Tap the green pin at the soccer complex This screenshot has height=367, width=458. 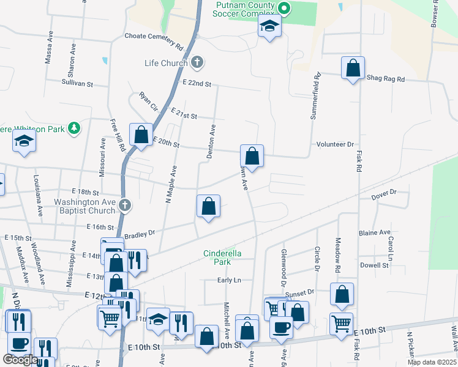pos(283,9)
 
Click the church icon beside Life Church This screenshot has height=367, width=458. pos(197,62)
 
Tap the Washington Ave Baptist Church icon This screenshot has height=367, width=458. pos(124,204)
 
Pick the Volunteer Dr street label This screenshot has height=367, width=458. pos(335,144)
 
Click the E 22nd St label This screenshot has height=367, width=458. pos(196,83)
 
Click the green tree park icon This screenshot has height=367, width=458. pos(74,128)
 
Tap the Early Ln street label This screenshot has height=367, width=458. pos(230,280)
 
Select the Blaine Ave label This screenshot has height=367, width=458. pos(375,233)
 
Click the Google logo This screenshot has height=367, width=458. pos(20,360)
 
